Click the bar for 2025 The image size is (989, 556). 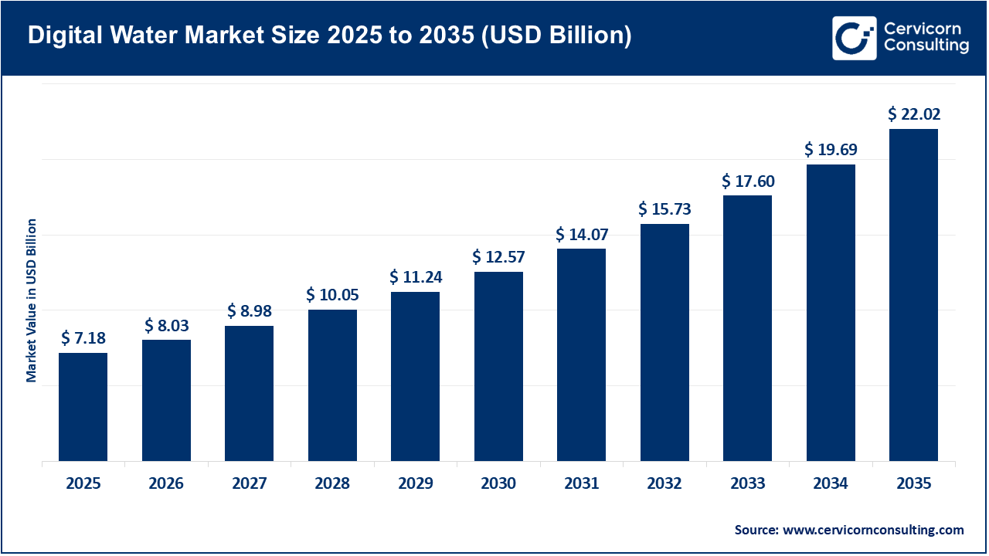click(x=83, y=407)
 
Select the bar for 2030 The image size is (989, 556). click(x=498, y=366)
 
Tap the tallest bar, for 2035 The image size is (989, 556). click(x=913, y=295)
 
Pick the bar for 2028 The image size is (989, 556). click(x=332, y=385)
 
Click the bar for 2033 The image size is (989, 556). click(x=747, y=328)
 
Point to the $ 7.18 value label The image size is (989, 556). click(x=83, y=338)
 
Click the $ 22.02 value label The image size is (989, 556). click(x=914, y=114)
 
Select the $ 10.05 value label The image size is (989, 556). click(x=332, y=295)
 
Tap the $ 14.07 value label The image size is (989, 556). click(x=582, y=234)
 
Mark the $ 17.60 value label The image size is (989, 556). click(x=748, y=181)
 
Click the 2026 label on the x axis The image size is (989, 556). click(x=166, y=484)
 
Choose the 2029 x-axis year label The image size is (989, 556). click(x=416, y=484)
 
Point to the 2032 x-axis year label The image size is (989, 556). click(x=664, y=484)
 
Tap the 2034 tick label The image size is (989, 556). click(x=831, y=484)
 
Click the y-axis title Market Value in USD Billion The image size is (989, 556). click(x=32, y=300)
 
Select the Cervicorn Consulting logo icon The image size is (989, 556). click(x=854, y=38)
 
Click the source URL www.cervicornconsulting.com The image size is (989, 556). click(x=873, y=530)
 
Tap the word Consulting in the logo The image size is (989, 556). click(x=926, y=46)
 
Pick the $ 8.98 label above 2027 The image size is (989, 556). click(x=249, y=310)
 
